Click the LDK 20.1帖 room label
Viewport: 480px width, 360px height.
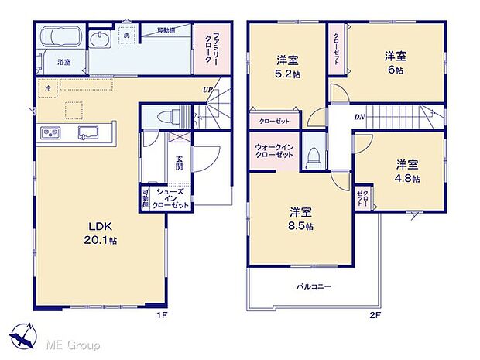pyautogui.click(x=100, y=231)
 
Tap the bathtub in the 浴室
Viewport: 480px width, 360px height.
pyautogui.click(x=60, y=39)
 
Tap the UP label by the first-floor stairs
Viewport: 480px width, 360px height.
pyautogui.click(x=207, y=90)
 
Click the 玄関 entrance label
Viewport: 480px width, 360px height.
pyautogui.click(x=179, y=163)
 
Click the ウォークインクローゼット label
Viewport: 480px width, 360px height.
pyautogui.click(x=274, y=150)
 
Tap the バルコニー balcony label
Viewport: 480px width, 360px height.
pyautogui.click(x=313, y=286)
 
